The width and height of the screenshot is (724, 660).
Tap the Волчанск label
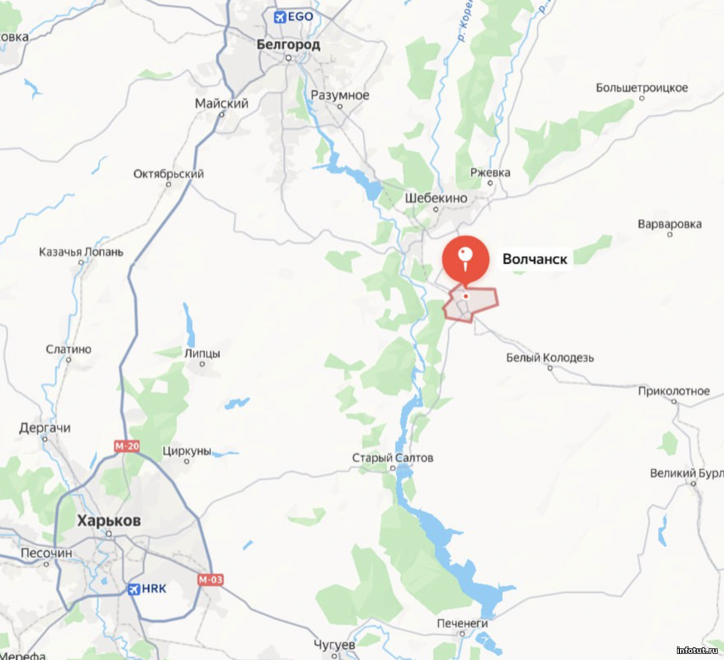click(535, 259)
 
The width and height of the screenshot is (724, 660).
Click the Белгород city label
click(288, 45)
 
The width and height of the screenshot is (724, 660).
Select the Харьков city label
click(109, 521)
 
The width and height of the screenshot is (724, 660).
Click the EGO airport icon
click(280, 17)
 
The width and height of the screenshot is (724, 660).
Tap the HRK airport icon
click(134, 589)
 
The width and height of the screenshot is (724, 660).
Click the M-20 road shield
click(127, 446)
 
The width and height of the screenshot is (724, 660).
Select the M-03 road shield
click(210, 579)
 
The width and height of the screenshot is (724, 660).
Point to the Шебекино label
click(436, 198)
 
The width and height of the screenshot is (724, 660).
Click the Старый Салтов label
click(392, 458)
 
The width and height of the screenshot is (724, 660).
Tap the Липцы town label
click(202, 353)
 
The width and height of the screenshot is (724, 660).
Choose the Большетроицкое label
click(642, 88)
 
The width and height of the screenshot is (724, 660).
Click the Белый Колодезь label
click(549, 358)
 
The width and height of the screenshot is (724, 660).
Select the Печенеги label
click(462, 623)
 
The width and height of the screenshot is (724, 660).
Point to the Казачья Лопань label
click(81, 252)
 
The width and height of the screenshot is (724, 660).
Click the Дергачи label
click(45, 428)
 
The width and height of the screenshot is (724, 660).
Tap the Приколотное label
click(674, 391)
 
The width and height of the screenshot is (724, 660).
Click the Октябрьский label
click(169, 174)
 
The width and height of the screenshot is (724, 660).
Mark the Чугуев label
click(334, 645)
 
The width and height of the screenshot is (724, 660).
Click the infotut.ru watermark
click(697, 650)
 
